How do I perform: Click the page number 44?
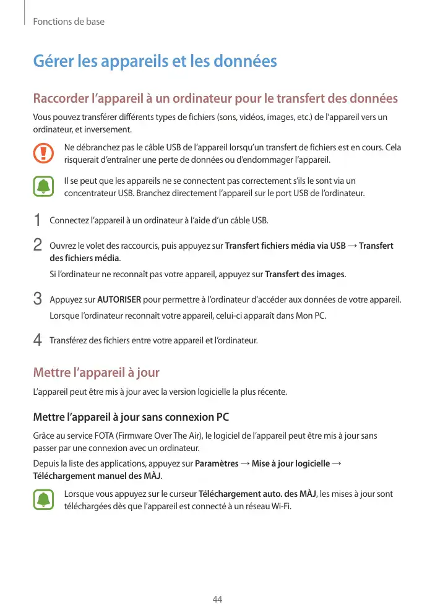coord(217,600)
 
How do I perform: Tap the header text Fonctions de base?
coord(69,22)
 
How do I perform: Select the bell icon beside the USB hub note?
coord(43,187)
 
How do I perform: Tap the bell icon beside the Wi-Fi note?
coord(43,500)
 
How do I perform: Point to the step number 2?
coord(37,246)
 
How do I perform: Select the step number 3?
coord(37,301)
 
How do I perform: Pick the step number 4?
coord(37,340)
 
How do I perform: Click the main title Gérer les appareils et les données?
coord(155,62)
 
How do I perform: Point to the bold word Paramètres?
coord(217,464)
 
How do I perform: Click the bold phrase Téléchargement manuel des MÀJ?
coord(97,476)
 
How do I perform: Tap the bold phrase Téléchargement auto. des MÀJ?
coord(257,494)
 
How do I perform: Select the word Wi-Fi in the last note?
coord(278,506)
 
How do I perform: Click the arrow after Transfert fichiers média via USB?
coord(353,246)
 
